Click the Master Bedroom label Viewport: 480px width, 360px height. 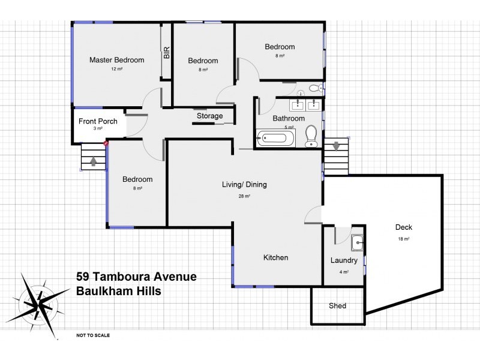click(x=117, y=60)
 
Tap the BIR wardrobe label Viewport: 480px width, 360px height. click(x=166, y=53)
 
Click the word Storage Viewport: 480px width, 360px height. click(x=209, y=116)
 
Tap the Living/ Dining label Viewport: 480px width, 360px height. click(x=244, y=185)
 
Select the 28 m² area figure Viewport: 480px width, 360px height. click(x=244, y=196)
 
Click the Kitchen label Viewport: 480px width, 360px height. click(x=276, y=257)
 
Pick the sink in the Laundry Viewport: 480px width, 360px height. click(x=356, y=243)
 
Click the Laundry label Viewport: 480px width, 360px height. click(x=344, y=260)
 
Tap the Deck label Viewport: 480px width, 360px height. click(x=403, y=227)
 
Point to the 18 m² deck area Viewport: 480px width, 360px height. click(x=403, y=239)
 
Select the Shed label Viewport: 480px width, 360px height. click(x=337, y=306)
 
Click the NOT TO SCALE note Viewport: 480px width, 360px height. click(x=93, y=336)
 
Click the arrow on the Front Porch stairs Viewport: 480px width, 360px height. click(x=93, y=160)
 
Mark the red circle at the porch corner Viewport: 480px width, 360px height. click(x=106, y=143)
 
